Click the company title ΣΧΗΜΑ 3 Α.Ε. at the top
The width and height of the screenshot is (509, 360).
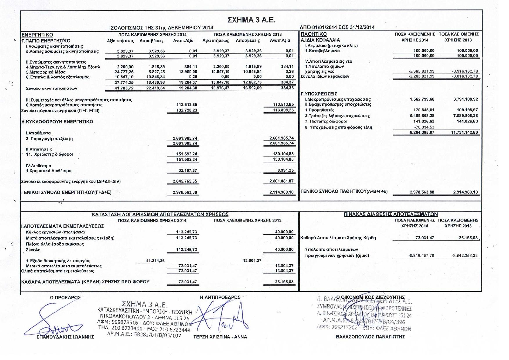[251, 20]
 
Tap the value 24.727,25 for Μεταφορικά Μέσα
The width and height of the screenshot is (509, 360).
[124, 72]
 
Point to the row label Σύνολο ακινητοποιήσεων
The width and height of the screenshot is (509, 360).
[51, 88]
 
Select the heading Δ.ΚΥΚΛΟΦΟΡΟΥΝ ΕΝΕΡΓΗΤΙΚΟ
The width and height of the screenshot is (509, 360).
[57, 122]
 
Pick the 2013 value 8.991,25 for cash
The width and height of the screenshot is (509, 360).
[285, 171]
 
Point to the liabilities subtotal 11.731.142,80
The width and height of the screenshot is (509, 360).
[464, 132]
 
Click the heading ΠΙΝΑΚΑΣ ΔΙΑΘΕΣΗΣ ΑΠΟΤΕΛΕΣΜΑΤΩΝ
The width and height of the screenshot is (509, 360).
[391, 214]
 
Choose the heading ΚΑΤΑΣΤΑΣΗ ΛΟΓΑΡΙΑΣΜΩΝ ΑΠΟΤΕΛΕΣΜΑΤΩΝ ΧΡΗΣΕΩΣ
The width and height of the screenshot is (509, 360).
[160, 215]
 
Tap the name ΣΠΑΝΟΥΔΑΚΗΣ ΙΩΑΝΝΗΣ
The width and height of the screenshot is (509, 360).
[65, 337]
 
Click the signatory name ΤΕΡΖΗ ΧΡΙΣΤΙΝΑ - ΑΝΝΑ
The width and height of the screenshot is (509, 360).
[220, 337]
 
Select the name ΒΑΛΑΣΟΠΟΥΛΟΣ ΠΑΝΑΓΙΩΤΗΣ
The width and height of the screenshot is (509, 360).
[370, 337]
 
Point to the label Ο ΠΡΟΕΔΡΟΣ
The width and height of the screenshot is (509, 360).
[65, 298]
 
